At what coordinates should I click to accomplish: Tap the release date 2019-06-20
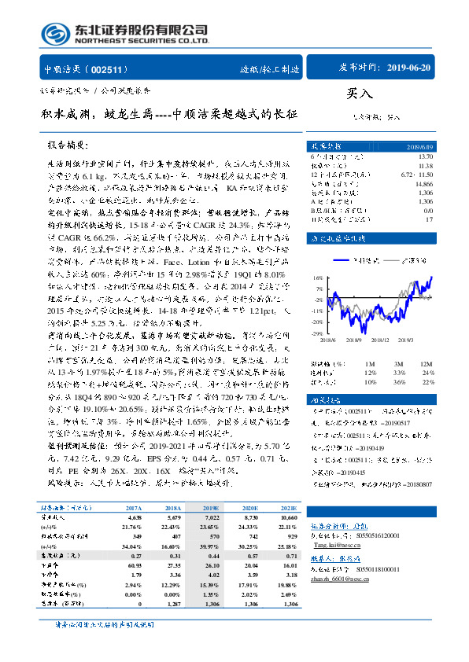pyautogui.click(x=408, y=68)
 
